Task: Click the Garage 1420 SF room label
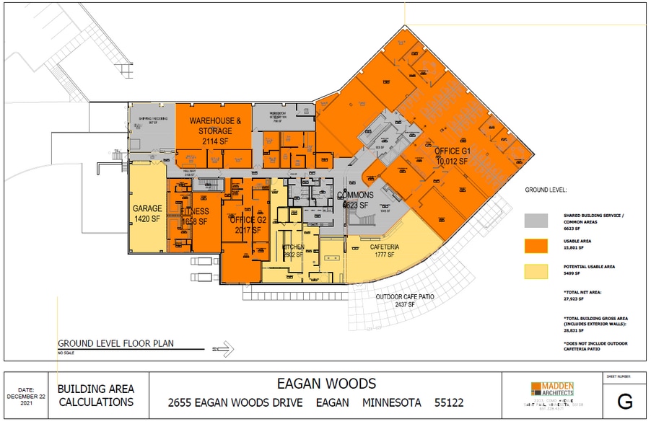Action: pyautogui.click(x=148, y=214)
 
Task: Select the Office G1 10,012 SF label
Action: pyautogui.click(x=453, y=156)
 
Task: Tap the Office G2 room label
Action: pyautogui.click(x=243, y=224)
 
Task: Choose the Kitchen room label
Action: pyautogui.click(x=293, y=250)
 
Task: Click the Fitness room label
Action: pyautogui.click(x=193, y=216)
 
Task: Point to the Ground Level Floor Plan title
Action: pyautogui.click(x=116, y=344)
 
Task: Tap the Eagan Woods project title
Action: pyautogui.click(x=325, y=383)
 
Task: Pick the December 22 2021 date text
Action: pyautogui.click(x=26, y=396)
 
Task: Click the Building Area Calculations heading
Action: pyautogui.click(x=96, y=396)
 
